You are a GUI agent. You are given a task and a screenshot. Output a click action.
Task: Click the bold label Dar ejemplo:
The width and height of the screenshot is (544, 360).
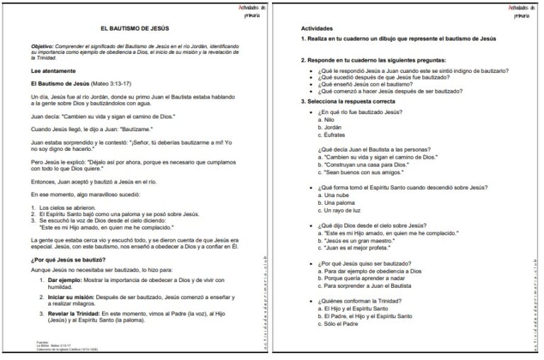(x=66, y=281)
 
